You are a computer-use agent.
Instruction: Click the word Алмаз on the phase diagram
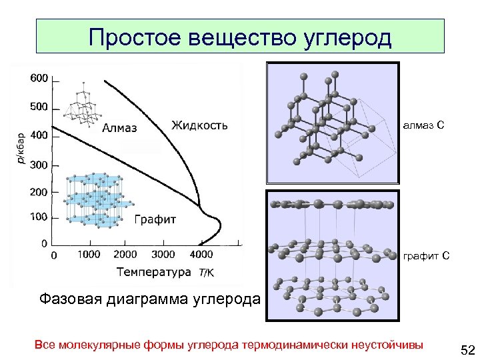[x=120, y=128]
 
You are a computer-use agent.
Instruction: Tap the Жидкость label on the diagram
[x=199, y=125]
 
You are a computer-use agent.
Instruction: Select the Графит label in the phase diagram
[x=155, y=219]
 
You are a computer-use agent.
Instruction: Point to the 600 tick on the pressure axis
[x=39, y=79]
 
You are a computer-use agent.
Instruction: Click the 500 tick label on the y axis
[x=39, y=107]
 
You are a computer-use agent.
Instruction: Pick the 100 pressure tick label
[x=39, y=217]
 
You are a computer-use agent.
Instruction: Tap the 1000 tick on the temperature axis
[x=89, y=254]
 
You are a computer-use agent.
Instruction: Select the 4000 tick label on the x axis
[x=201, y=254]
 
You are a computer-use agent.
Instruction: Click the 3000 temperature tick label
[x=163, y=254]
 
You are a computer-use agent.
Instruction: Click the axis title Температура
[x=153, y=271]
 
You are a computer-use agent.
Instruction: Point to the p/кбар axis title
[x=21, y=147]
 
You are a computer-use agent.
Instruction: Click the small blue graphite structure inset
[x=95, y=199]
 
